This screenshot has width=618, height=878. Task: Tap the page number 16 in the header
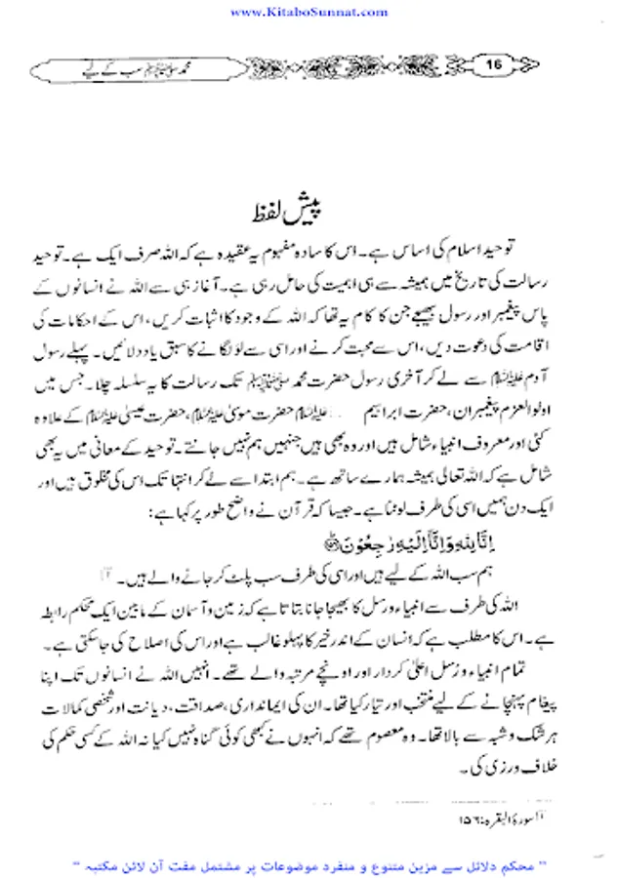pos(494,65)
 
